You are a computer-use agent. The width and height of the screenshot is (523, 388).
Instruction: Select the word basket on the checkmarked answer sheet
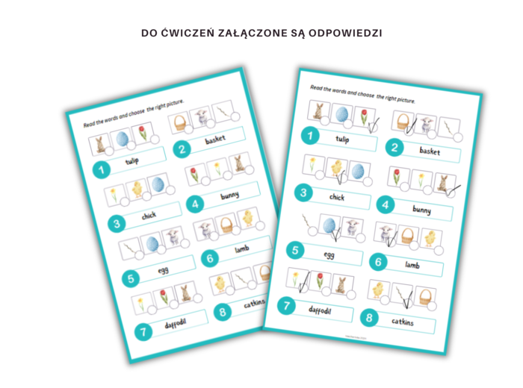[429, 151]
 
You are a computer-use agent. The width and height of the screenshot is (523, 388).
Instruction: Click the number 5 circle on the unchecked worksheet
[131, 280]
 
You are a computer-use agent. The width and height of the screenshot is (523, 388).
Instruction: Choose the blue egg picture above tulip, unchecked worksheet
[121, 140]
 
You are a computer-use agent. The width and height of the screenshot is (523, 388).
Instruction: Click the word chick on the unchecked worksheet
[149, 216]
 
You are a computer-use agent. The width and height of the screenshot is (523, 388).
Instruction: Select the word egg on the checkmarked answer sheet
[329, 254]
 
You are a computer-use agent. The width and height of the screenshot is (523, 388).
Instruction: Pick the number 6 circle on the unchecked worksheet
[211, 259]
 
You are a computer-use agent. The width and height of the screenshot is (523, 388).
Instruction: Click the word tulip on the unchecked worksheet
[132, 161]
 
